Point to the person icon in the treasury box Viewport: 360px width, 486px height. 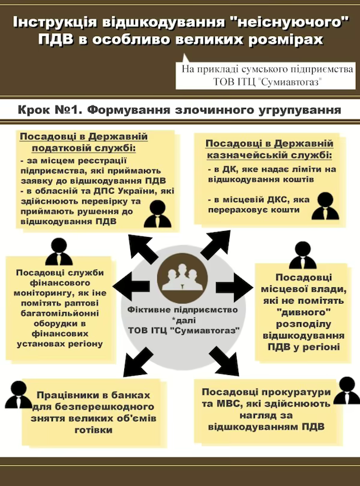click(x=325, y=206)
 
